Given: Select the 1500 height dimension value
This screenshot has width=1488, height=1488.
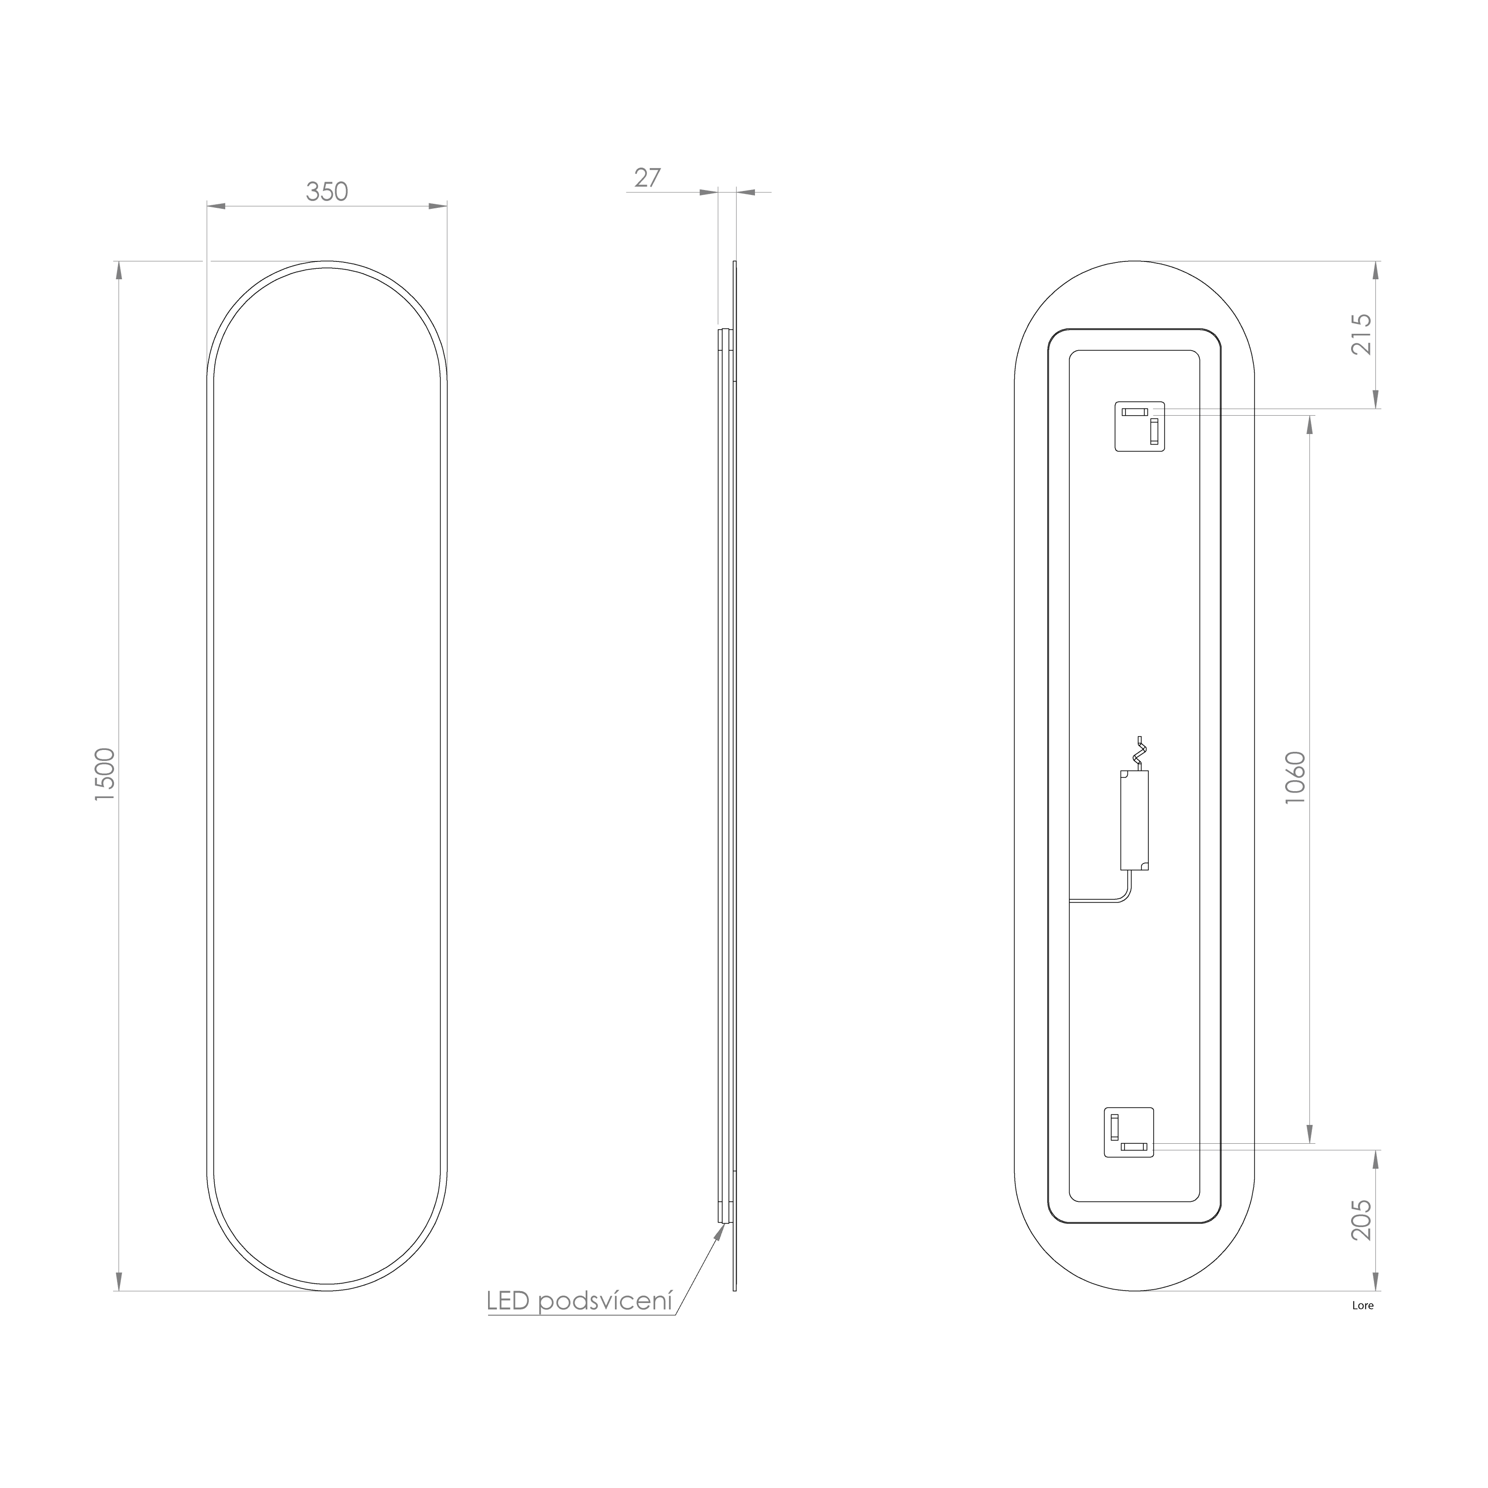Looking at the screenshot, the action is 105,775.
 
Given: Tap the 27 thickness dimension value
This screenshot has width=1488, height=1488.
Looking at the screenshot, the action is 647,178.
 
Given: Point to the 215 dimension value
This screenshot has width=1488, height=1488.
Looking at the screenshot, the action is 1362,333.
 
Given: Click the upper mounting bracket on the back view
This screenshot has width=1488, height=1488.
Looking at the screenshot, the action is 1140,426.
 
